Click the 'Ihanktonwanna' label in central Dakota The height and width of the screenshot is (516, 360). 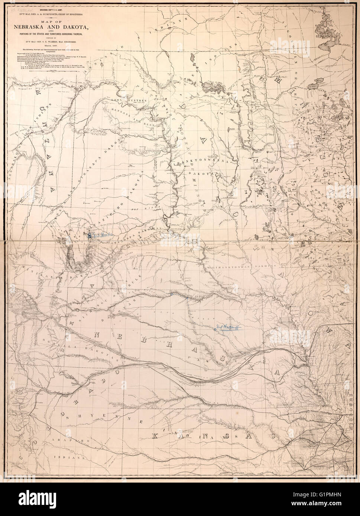point(193,163)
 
